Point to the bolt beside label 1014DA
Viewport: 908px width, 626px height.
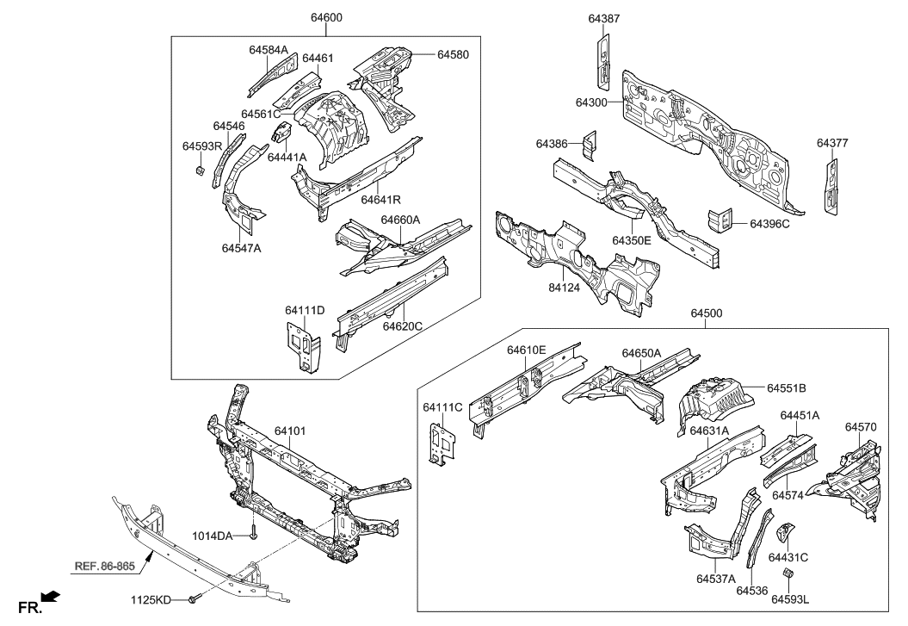(x=254, y=536)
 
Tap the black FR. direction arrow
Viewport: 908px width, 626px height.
(x=53, y=595)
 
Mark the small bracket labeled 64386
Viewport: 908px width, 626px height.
(x=588, y=146)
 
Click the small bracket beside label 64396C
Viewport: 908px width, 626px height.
(x=721, y=219)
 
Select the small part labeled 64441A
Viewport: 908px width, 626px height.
(x=280, y=133)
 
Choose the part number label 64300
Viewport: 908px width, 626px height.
(x=593, y=102)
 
